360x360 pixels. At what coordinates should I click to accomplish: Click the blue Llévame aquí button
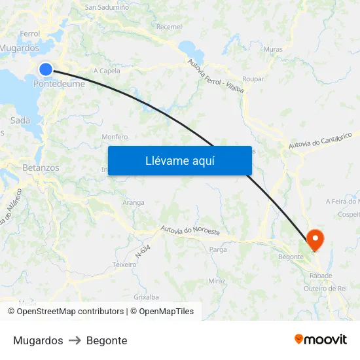pos(179,160)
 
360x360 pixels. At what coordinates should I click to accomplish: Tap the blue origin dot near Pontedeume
pos(46,69)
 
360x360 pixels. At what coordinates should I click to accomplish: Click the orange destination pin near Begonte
pos(315,240)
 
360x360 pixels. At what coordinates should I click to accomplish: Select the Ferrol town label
pos(30,33)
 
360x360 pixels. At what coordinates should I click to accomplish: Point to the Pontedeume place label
pos(59,84)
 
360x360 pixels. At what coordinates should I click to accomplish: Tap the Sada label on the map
pos(20,120)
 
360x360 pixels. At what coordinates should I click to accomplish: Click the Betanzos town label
pos(41,168)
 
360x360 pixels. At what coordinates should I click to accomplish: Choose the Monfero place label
pos(115,137)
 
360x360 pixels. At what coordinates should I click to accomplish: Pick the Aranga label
pos(133,203)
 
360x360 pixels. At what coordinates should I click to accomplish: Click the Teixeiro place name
pos(124,264)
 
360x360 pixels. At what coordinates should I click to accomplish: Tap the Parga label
pos(217,249)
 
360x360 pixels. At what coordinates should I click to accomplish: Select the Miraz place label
pos(217,281)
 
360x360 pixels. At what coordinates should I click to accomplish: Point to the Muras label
pos(273,49)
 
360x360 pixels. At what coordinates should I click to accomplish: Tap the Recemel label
pos(170,27)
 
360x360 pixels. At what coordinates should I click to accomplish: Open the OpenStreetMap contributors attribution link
pos(70,312)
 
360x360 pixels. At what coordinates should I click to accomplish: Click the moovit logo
pos(321,340)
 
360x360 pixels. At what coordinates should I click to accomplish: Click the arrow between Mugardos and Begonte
pos(75,340)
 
